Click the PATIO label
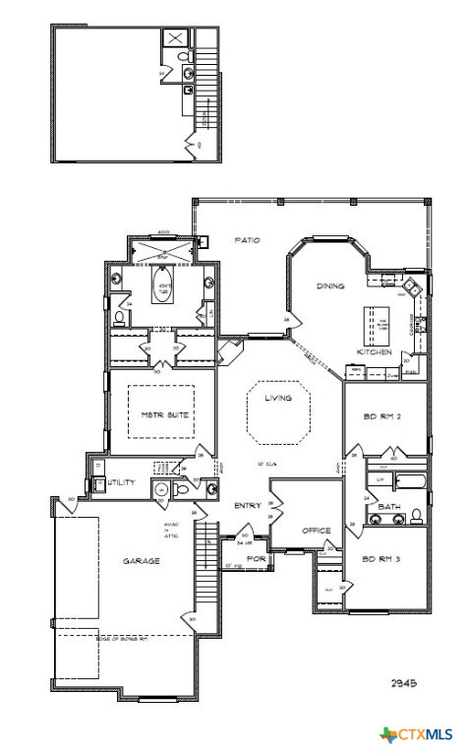tap(247, 239)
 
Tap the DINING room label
tap(329, 285)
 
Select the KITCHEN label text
tap(375, 351)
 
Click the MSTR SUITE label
tap(163, 415)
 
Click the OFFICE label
tap(317, 530)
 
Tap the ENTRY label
tap(246, 506)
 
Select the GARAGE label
tap(141, 561)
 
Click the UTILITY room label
tap(122, 483)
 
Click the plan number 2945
tap(404, 681)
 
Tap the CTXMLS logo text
tap(426, 735)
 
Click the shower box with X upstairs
tap(175, 38)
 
